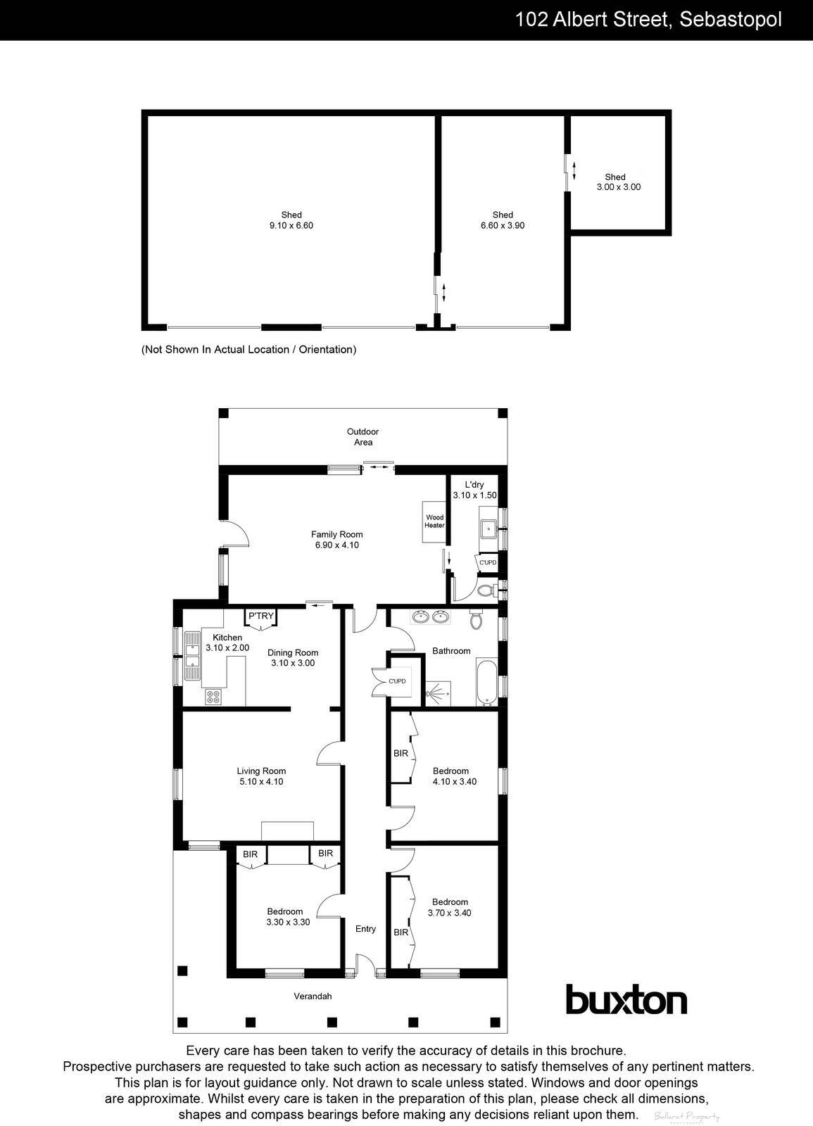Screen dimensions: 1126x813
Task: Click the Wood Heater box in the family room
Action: tap(434, 521)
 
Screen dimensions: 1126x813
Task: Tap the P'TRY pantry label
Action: tap(260, 616)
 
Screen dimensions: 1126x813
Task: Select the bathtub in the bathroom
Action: tap(486, 681)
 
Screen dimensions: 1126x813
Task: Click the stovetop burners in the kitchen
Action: tap(213, 697)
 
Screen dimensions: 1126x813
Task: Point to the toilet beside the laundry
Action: tap(484, 590)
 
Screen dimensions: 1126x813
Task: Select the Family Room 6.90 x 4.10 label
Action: tap(337, 540)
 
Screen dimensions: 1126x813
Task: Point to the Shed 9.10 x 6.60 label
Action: tap(291, 220)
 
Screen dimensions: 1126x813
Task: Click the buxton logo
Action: tap(626, 1000)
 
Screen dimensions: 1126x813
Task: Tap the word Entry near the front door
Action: tap(365, 929)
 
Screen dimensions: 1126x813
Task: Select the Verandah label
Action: tap(313, 996)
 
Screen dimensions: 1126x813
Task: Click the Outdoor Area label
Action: tap(363, 437)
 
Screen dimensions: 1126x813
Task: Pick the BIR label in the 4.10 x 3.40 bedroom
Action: tap(401, 753)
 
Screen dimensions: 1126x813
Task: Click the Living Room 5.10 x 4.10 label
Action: tap(261, 776)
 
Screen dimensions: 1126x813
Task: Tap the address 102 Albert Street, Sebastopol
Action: tap(648, 20)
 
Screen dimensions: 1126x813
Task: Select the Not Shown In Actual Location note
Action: tap(249, 350)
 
